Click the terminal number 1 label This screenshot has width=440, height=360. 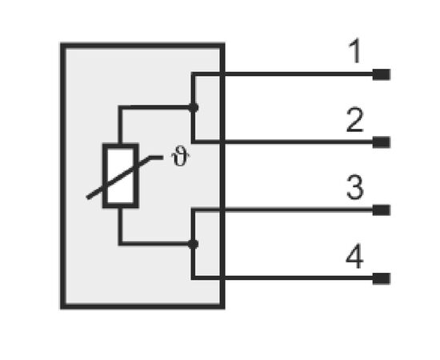coord(354,51)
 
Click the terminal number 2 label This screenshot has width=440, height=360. coord(355,120)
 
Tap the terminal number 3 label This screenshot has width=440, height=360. coord(355,187)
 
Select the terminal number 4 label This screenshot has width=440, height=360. coord(354,256)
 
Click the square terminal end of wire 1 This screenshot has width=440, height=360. coord(382,74)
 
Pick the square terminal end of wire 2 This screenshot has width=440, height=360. coord(382,142)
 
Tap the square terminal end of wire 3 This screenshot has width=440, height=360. coord(382,210)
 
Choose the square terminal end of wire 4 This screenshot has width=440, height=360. coord(382,278)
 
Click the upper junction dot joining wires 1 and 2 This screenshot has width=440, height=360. coord(193,107)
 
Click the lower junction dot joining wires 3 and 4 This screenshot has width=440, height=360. coord(193,244)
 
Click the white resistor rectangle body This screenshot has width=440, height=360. coord(121,176)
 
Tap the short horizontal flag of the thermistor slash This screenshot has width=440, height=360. coord(156,158)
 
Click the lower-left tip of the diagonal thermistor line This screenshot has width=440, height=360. coord(87,198)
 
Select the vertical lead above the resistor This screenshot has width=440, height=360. coord(120,125)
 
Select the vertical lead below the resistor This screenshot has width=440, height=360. coord(120,226)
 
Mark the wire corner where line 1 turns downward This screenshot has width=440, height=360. coord(193,74)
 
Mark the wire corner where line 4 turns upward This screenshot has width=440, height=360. coord(193,278)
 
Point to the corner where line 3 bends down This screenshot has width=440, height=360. coord(193,210)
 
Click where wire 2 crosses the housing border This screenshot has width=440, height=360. coord(222,142)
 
